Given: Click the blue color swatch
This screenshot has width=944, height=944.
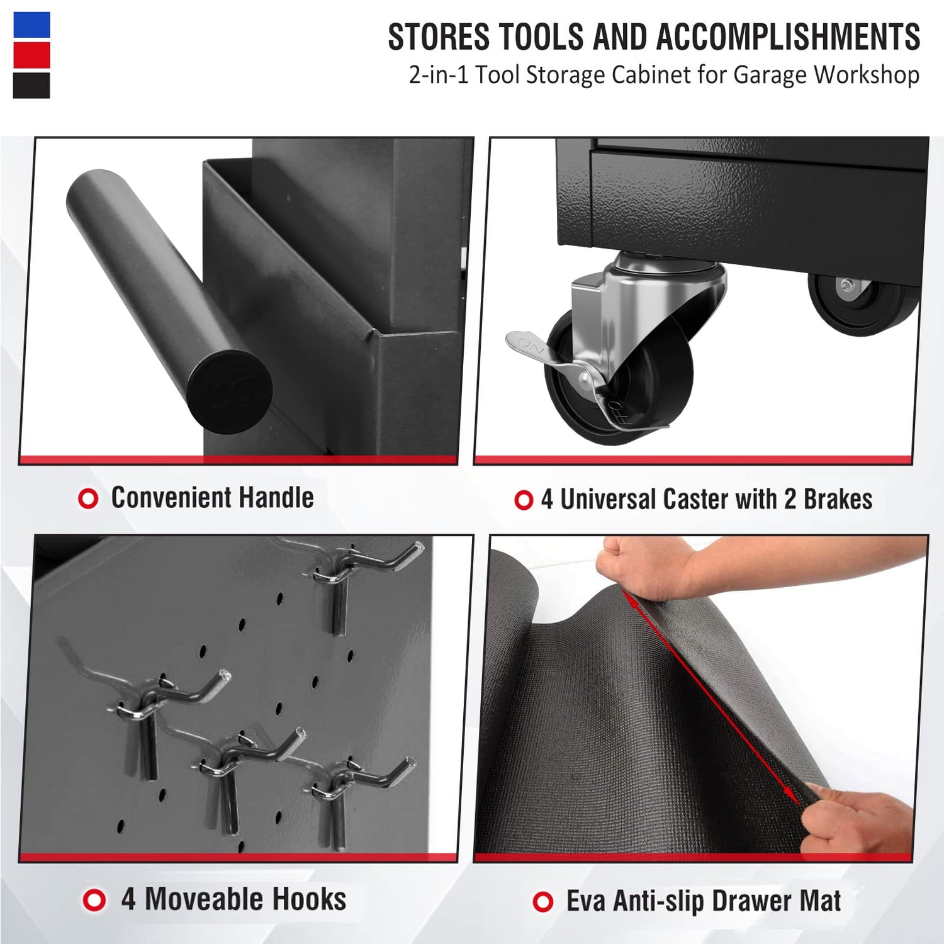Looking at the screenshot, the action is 31,25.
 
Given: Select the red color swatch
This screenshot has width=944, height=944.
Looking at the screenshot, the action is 31,55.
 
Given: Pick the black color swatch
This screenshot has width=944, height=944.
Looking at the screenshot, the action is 31,86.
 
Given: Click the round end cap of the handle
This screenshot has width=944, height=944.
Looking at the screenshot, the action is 230,391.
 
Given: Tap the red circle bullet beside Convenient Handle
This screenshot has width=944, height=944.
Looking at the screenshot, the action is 88,499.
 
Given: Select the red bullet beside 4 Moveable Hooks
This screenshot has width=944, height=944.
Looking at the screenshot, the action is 94,900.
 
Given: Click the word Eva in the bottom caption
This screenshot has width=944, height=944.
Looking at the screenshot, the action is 586,901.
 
